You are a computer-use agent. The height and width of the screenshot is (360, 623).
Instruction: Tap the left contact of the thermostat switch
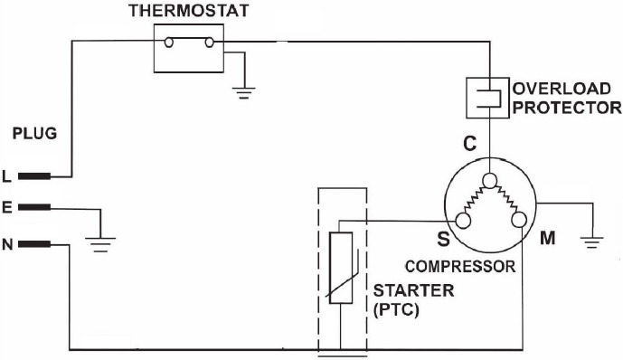coord(167,41)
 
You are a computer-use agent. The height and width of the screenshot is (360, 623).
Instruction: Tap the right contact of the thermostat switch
coord(211,41)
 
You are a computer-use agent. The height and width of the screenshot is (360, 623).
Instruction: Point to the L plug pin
coord(34,175)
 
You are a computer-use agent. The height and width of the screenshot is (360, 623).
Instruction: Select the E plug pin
coord(34,208)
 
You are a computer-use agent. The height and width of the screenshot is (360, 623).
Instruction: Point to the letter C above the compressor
coord(469,144)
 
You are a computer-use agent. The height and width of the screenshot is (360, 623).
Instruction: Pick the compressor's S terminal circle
coord(462,220)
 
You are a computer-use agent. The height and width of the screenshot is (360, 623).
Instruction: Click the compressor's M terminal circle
coord(517,220)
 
